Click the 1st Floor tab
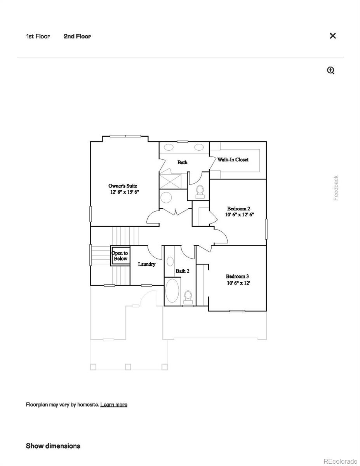pos(38,36)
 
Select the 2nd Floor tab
pos(77,36)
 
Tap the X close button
pos(332,36)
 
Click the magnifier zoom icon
pos(330,70)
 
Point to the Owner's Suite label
pos(123,186)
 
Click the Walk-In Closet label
pos(233,160)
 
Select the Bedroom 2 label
pos(238,209)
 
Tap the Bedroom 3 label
pos(237,276)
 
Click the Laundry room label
pos(147,264)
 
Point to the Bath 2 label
pos(182,271)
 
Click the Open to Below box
pos(120,256)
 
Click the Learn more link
pos(113,405)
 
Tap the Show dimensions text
pos(53,446)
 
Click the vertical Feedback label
pos(336,188)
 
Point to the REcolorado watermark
pos(340,461)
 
